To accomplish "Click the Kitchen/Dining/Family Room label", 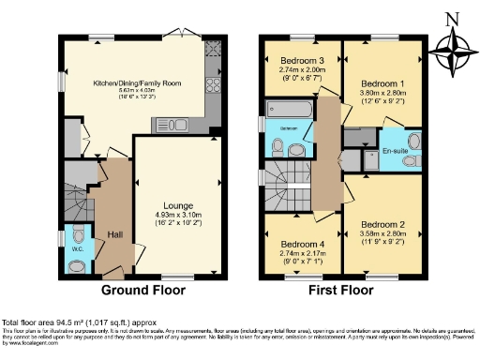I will click(137, 83).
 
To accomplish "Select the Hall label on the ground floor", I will click(114, 234).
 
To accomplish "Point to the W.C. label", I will click(78, 249).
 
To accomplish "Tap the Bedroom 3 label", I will click(300, 59).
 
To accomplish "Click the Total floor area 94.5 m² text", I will click(71, 322).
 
